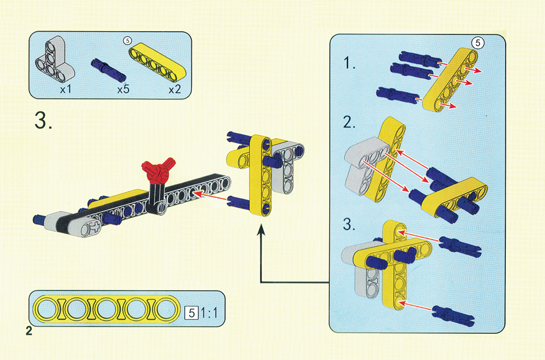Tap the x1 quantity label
(x=65, y=89)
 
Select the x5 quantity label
(x=123, y=89)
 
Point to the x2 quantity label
(x=175, y=90)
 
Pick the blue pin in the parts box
(x=108, y=69)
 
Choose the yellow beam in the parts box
(x=158, y=61)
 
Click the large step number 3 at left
(x=44, y=121)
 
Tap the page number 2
(x=29, y=331)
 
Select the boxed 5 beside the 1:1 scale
(x=191, y=313)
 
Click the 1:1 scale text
(x=209, y=313)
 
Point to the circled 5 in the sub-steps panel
(x=477, y=43)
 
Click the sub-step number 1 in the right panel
(x=349, y=63)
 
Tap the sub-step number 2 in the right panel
(x=349, y=122)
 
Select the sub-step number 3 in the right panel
(x=349, y=224)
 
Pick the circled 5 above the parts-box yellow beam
(x=128, y=41)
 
